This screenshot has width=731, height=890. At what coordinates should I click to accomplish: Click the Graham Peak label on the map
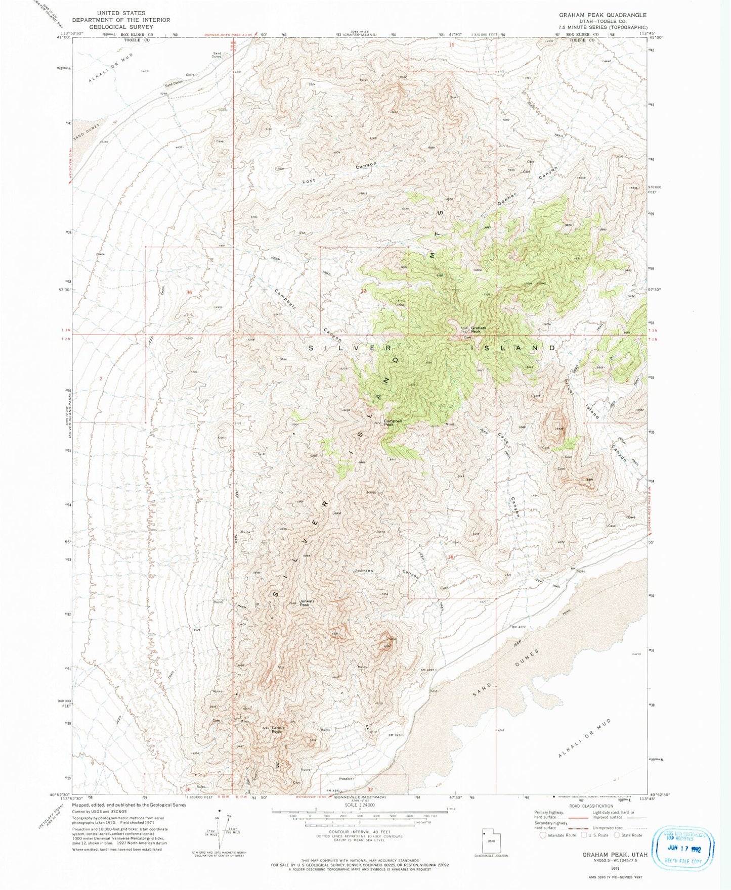(478, 330)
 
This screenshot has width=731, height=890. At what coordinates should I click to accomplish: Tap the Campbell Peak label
(393, 423)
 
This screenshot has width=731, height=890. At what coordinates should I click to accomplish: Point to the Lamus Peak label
(278, 730)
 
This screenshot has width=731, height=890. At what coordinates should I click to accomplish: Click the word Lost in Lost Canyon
(309, 181)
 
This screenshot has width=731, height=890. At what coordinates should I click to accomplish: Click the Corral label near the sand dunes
(191, 75)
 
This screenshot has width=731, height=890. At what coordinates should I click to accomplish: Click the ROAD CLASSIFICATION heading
(587, 807)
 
